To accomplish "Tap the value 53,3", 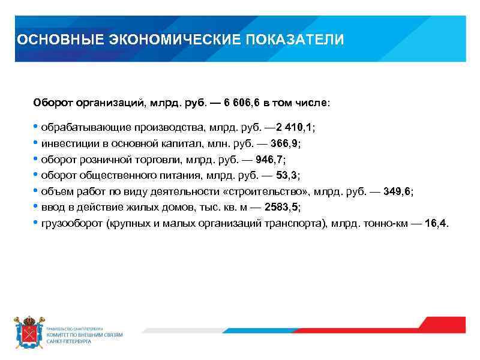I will [287, 175].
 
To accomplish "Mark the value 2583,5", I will [281, 207].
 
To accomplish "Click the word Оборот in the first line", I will [53, 103].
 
